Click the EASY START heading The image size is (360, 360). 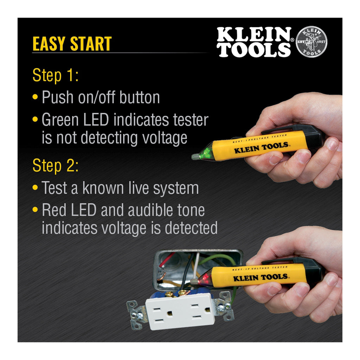(72, 44)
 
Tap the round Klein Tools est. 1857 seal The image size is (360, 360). (311, 42)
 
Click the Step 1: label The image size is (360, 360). (56, 76)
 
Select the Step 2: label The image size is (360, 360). (56, 166)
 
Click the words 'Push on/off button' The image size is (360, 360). (101, 97)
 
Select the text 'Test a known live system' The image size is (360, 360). (120, 188)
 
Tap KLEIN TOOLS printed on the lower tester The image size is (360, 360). (261, 278)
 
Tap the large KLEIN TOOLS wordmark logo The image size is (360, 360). (254, 42)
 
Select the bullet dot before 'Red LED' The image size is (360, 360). (35, 210)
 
